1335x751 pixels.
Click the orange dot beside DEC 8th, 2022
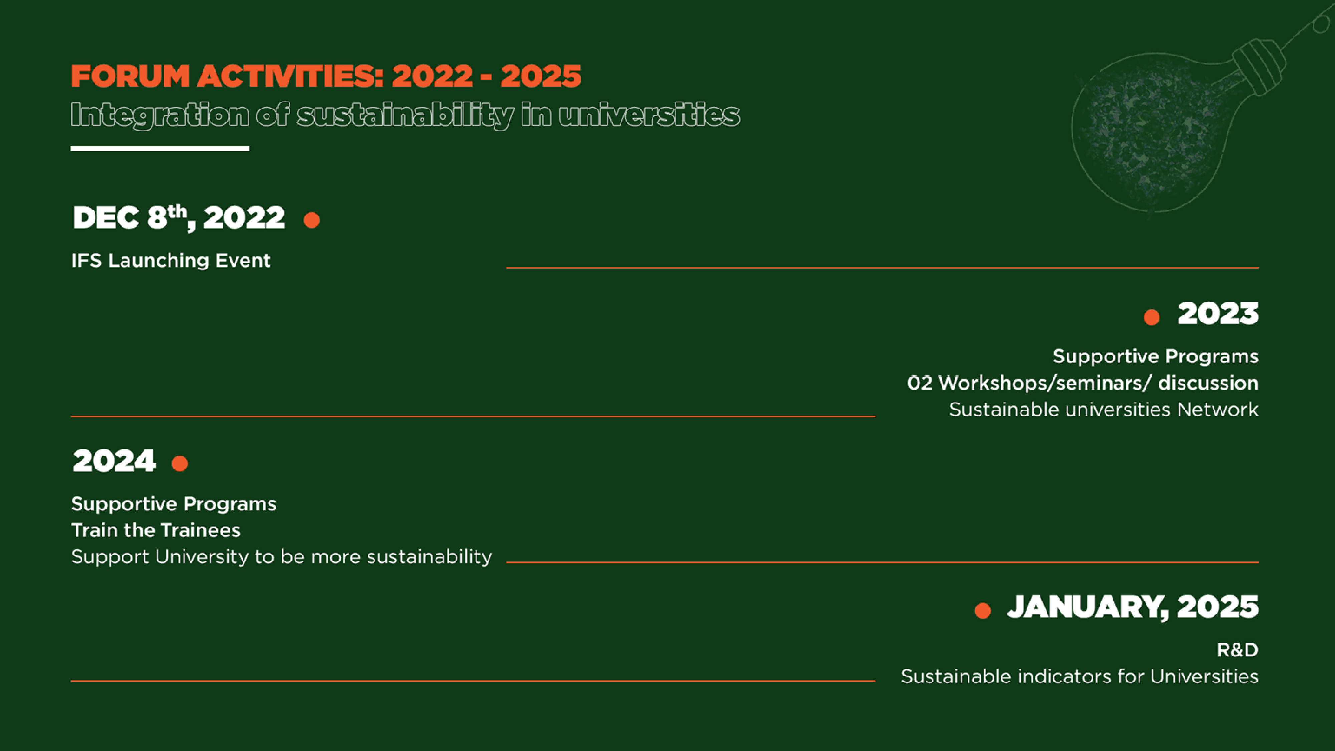[311, 220]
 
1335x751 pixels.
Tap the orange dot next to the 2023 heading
[1151, 317]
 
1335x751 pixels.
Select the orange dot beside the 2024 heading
[180, 463]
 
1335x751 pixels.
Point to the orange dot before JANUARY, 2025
[983, 610]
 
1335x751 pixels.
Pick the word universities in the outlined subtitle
[649, 114]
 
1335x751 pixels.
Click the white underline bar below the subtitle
[160, 149]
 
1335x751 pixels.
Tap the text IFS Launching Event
[171, 260]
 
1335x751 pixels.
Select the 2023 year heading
[1218, 313]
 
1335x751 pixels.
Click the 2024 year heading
[114, 461]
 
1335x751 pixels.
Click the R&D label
[1238, 650]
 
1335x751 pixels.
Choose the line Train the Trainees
[156, 530]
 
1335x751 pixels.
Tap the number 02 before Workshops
[920, 383]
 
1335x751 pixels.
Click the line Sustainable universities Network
[1104, 410]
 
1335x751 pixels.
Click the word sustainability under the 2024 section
[430, 557]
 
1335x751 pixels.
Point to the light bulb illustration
[1187, 114]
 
